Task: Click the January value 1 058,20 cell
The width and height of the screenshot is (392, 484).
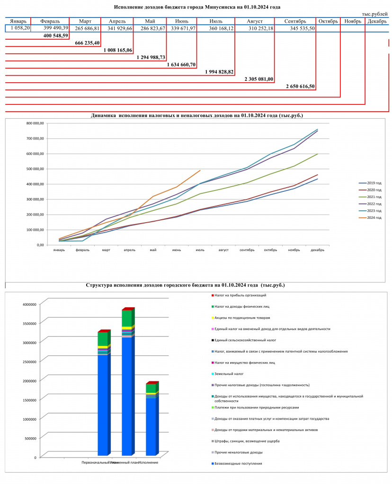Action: (x=18, y=28)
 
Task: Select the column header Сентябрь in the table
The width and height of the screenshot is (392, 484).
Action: (x=295, y=21)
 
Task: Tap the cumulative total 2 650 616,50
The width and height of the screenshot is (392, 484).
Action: (x=300, y=86)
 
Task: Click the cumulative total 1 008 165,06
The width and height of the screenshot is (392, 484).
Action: (x=118, y=50)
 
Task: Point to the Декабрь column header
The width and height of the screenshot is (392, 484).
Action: (x=377, y=21)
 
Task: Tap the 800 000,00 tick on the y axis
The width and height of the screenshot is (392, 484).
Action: (x=35, y=123)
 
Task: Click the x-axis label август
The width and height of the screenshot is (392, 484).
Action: (x=223, y=250)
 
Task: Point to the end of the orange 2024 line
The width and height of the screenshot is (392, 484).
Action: (x=200, y=170)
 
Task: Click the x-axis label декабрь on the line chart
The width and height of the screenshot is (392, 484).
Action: (x=318, y=250)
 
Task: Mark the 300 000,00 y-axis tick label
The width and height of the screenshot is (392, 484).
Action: (x=35, y=199)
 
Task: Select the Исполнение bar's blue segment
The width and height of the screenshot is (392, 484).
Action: (x=151, y=427)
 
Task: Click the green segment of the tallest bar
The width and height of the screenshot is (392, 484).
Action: (x=127, y=318)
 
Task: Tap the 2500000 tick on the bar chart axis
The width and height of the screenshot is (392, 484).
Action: (x=29, y=362)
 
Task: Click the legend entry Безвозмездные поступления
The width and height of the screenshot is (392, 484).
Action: (x=237, y=463)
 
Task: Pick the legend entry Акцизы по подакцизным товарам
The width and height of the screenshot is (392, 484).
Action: (x=241, y=318)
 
